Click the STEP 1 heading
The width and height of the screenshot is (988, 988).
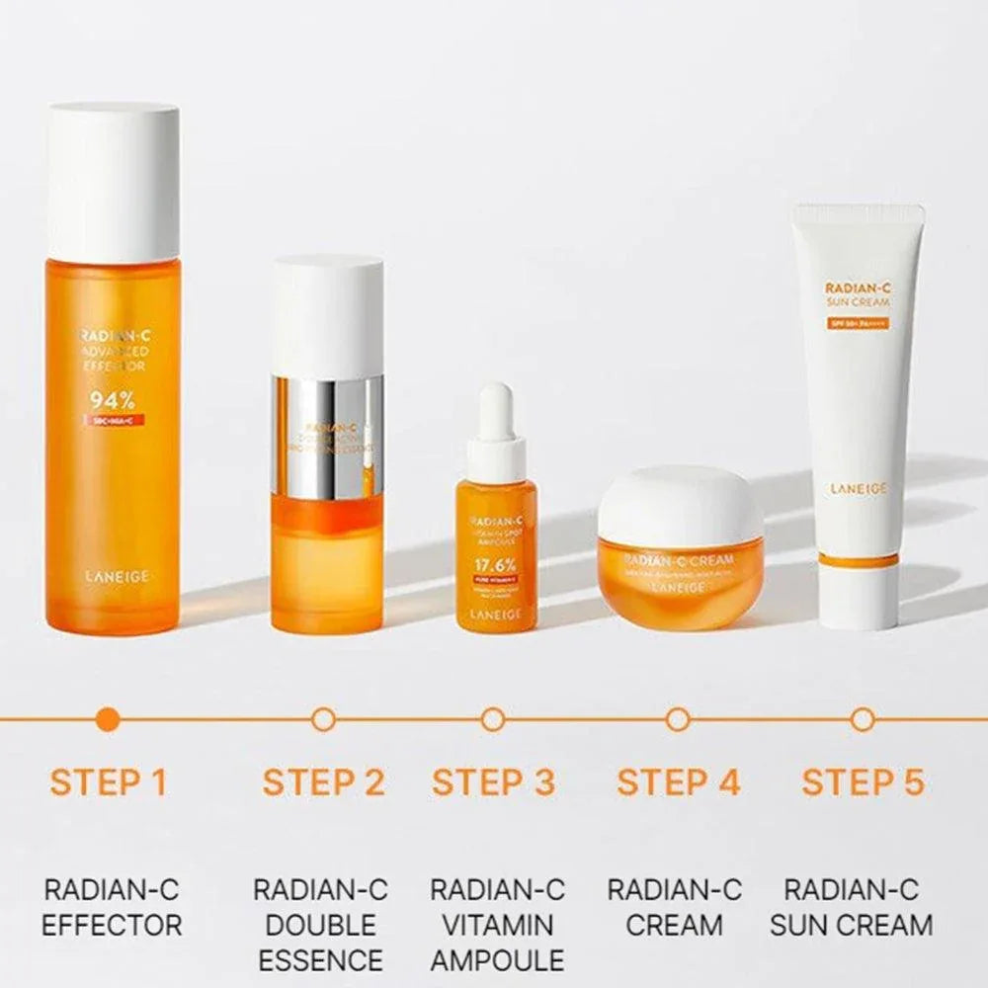tap(109, 782)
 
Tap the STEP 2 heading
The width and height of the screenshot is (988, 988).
tap(323, 782)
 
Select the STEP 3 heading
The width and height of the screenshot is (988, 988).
tap(494, 782)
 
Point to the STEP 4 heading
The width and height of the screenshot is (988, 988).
tap(678, 782)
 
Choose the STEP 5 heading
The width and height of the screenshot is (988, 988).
tap(863, 782)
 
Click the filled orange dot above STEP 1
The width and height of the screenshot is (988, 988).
tap(110, 719)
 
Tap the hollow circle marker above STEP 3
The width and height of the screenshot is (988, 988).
tap(493, 719)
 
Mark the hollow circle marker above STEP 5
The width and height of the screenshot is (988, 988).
tap(863, 719)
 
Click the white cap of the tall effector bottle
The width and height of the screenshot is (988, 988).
tap(114, 183)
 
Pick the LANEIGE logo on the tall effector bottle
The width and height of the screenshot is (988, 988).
tap(113, 574)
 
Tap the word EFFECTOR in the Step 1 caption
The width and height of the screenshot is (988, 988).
tap(112, 926)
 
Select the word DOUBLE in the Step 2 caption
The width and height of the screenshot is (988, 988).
tap(321, 926)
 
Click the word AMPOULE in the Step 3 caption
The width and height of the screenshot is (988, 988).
tap(497, 959)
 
